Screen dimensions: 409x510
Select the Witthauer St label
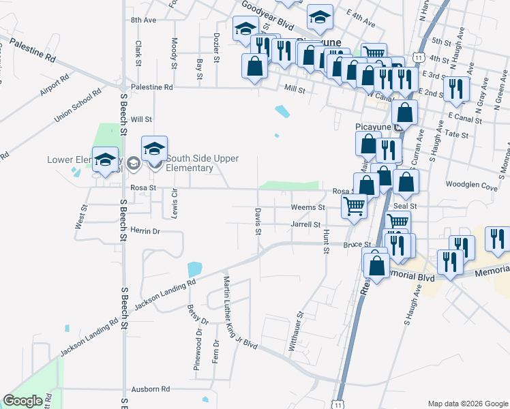295,331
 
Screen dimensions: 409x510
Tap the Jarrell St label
305,224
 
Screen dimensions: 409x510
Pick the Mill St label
295,89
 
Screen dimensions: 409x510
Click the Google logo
22,401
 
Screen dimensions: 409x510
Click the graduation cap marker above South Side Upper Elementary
155,149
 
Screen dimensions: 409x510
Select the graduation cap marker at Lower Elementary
105,160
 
